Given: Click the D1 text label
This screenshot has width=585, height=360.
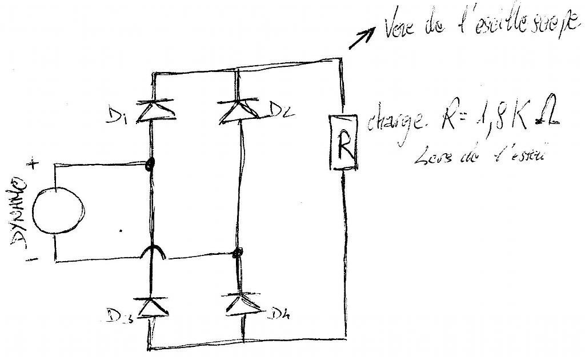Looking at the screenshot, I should tap(116, 117).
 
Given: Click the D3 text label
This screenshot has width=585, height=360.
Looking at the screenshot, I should tap(119, 316).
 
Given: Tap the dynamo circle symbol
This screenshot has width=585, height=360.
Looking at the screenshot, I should tap(57, 211).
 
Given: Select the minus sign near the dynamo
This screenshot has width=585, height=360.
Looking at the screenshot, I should tap(33, 260).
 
